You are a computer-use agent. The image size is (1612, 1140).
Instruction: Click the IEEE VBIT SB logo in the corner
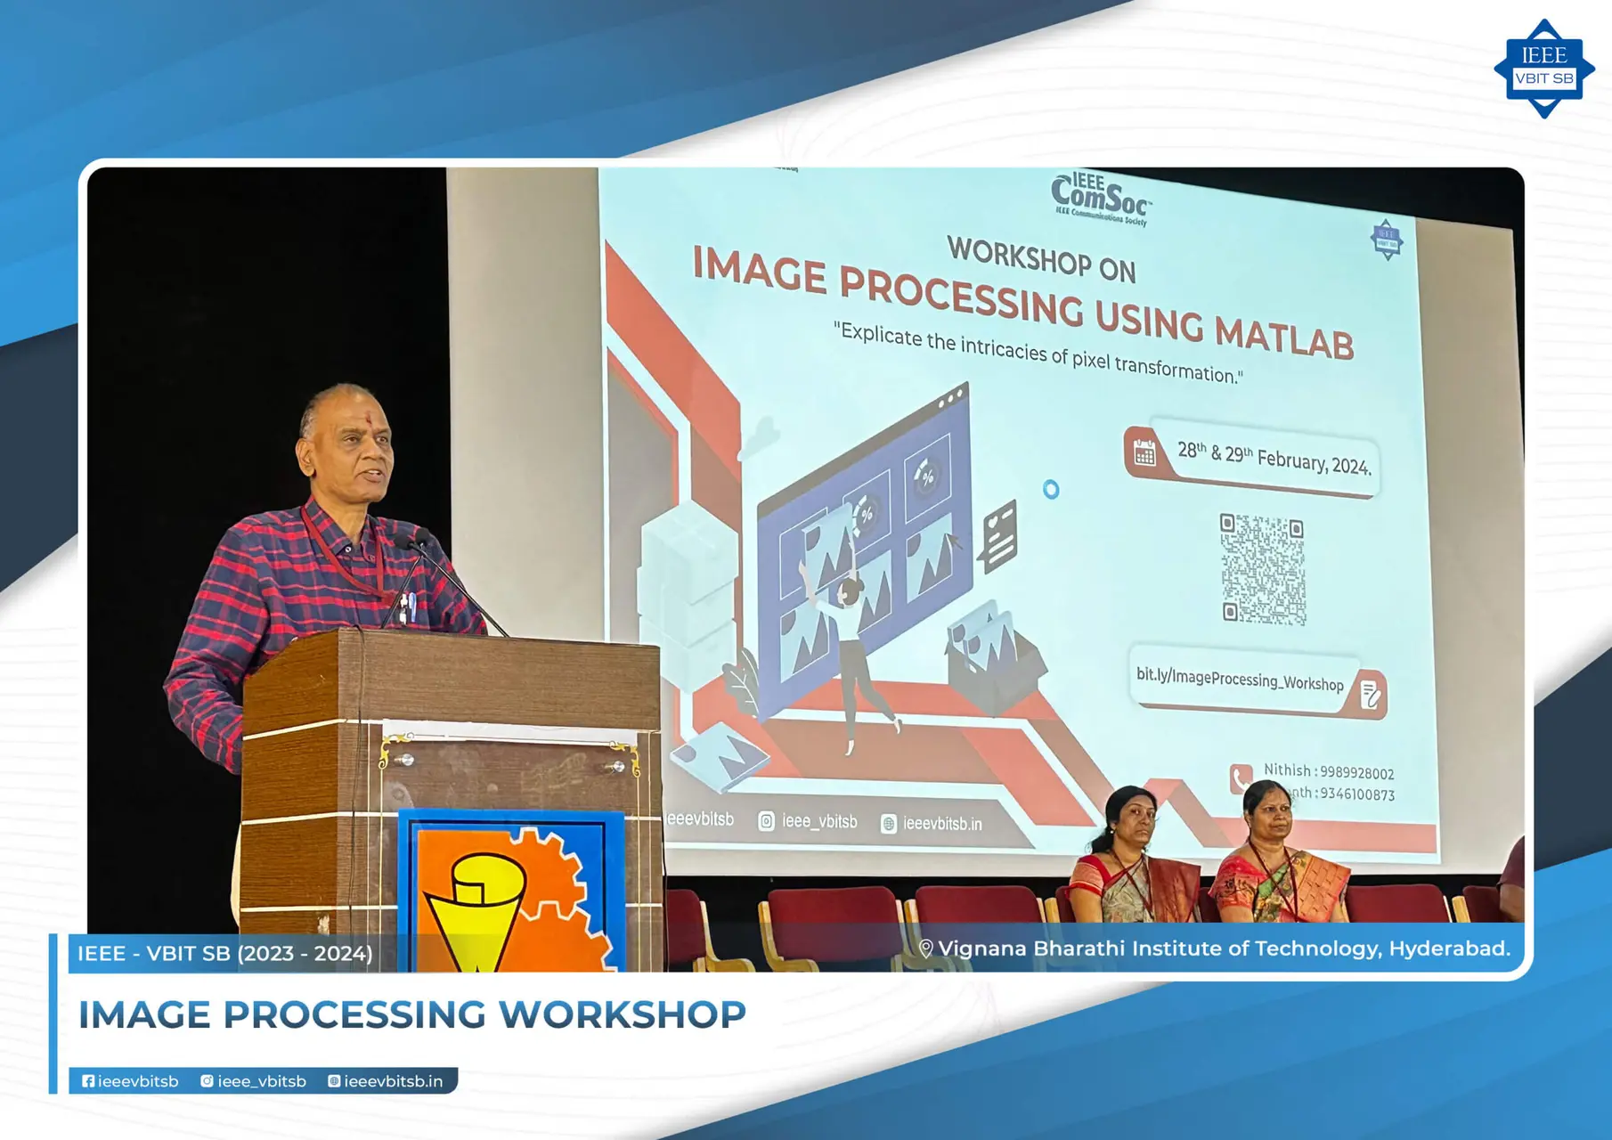1543,69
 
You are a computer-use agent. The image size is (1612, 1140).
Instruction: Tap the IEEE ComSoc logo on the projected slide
1101,198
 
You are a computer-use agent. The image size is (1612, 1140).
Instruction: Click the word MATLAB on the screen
1284,337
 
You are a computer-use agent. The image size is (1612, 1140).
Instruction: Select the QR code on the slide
1263,568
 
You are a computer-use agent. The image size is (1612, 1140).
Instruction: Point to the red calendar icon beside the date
1144,453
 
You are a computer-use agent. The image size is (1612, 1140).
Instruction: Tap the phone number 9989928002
1356,772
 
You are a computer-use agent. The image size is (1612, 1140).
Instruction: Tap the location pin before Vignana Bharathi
926,949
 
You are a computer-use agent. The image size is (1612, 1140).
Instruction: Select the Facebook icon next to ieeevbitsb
88,1081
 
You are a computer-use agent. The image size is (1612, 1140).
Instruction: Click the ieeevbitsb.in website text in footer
393,1081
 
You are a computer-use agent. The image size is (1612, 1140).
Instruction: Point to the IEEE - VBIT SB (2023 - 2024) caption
224,954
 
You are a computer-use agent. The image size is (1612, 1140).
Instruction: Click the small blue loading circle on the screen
1051,489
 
